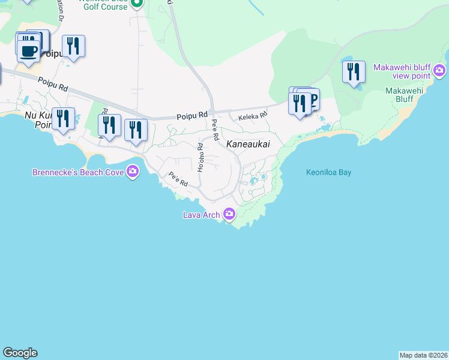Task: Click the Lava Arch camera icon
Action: [x=229, y=214]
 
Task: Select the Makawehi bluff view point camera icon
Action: [x=440, y=71]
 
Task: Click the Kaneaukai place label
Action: [x=248, y=145]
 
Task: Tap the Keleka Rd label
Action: [x=253, y=118]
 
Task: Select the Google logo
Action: [x=20, y=353]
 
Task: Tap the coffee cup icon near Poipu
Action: [x=28, y=49]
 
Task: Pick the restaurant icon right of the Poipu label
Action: [x=73, y=46]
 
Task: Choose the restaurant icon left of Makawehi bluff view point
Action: [x=354, y=71]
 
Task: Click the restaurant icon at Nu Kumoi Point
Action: [x=63, y=118]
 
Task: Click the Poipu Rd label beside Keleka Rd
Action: [x=191, y=115]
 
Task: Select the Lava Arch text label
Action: [x=202, y=215]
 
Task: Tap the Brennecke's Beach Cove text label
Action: [x=77, y=173]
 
